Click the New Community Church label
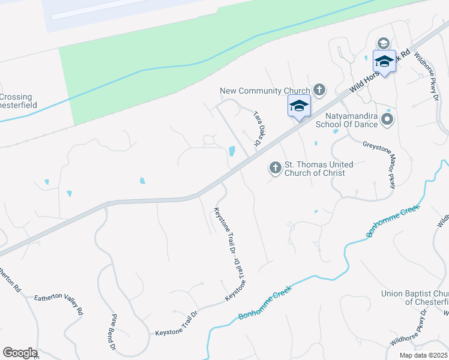click(x=265, y=91)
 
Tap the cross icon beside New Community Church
click(x=319, y=91)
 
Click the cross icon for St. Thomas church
click(x=276, y=168)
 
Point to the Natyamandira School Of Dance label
click(x=351, y=120)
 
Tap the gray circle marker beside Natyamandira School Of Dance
click(x=387, y=120)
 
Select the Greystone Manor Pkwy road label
click(x=379, y=165)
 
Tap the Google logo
click(x=20, y=353)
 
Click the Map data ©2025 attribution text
click(x=424, y=355)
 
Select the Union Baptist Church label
click(x=415, y=298)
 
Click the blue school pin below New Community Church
click(x=299, y=106)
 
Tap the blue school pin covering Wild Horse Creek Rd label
click(x=384, y=61)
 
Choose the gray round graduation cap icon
click(x=383, y=43)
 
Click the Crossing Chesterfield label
click(x=16, y=101)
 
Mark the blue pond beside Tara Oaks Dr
click(x=232, y=151)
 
